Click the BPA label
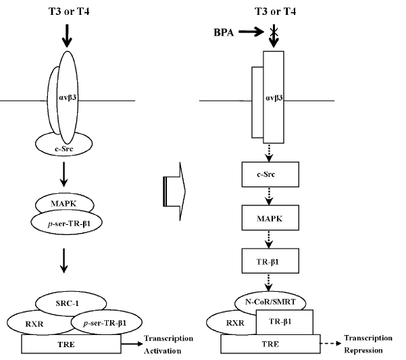click(222, 31)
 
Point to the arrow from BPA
click(251, 31)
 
